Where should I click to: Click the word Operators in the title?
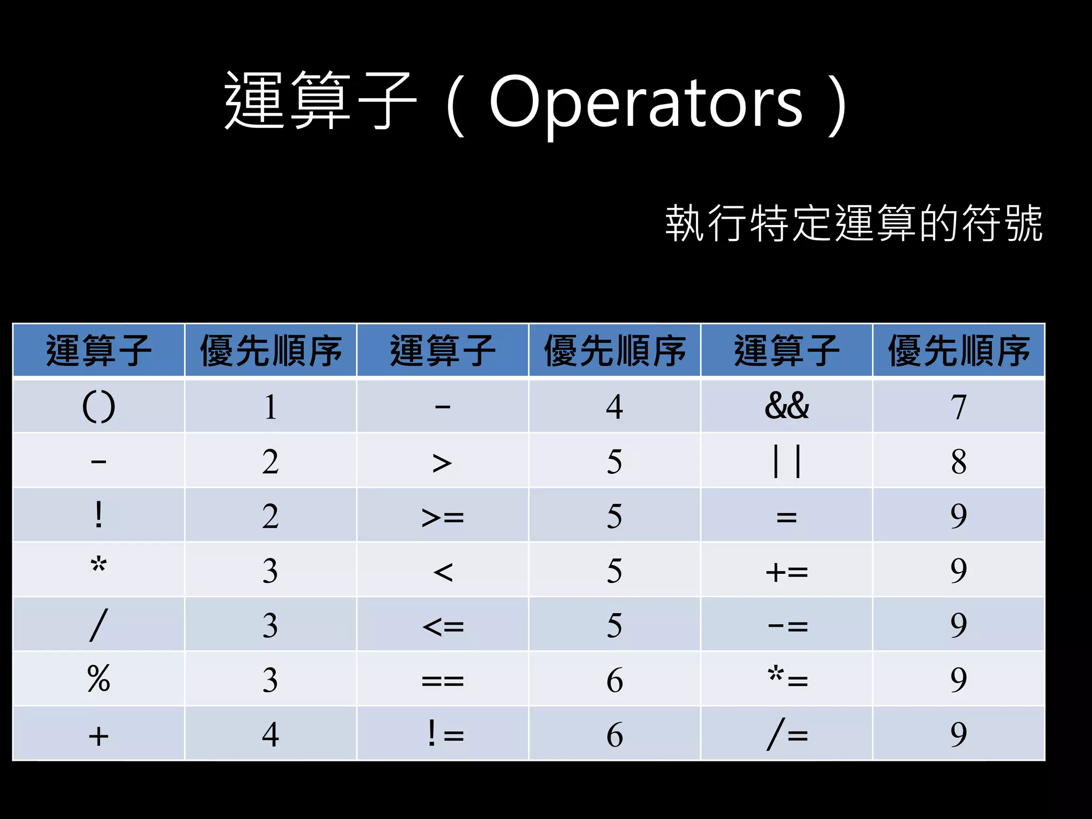pyautogui.click(x=646, y=101)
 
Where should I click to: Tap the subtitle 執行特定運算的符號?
pyautogui.click(x=853, y=223)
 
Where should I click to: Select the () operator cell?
pyautogui.click(x=99, y=406)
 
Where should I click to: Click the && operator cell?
pyautogui.click(x=786, y=406)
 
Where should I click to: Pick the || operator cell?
pyautogui.click(x=786, y=461)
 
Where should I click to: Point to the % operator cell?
pyautogui.click(x=99, y=679)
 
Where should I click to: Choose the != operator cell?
pyautogui.click(x=443, y=734)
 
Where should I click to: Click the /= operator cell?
pyautogui.click(x=786, y=734)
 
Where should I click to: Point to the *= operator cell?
pyautogui.click(x=786, y=679)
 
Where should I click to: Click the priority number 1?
pyautogui.click(x=270, y=406)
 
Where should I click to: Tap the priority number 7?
pyautogui.click(x=958, y=406)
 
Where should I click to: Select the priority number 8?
pyautogui.click(x=958, y=461)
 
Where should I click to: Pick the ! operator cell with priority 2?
pyautogui.click(x=99, y=516)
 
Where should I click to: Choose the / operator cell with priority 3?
pyautogui.click(x=99, y=624)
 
